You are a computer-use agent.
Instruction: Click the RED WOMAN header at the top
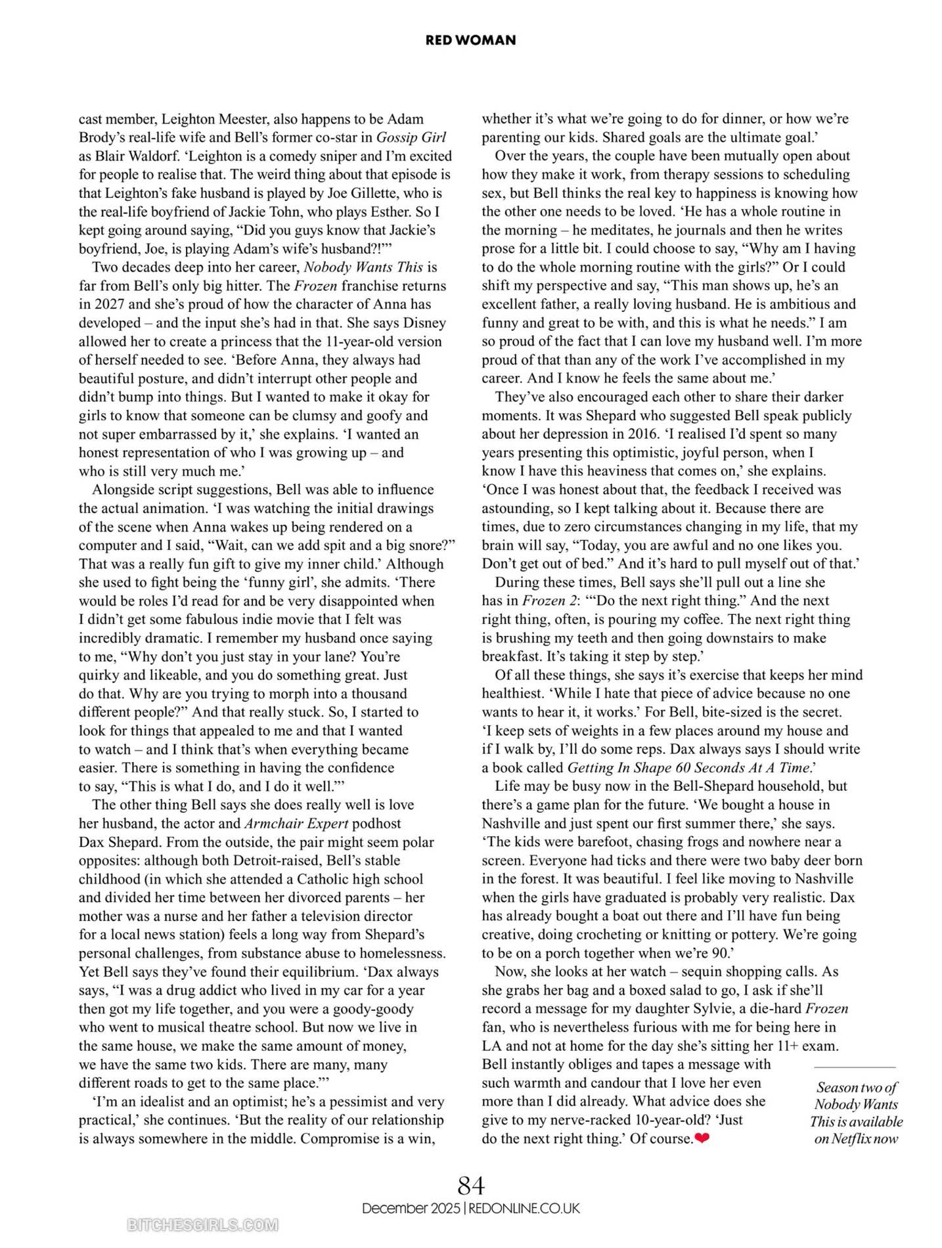tap(470, 40)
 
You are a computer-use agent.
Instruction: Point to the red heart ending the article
tap(702, 1138)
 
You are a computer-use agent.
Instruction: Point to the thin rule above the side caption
tap(855, 1068)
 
